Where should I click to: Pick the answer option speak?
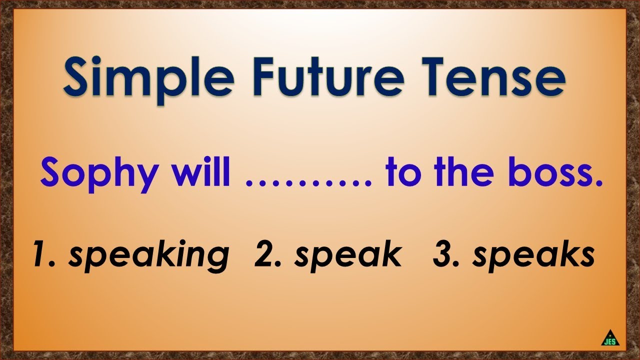coord(348,255)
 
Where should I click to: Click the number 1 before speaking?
coord(40,254)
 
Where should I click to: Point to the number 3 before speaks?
coord(442,254)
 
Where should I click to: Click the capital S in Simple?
coord(76,78)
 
